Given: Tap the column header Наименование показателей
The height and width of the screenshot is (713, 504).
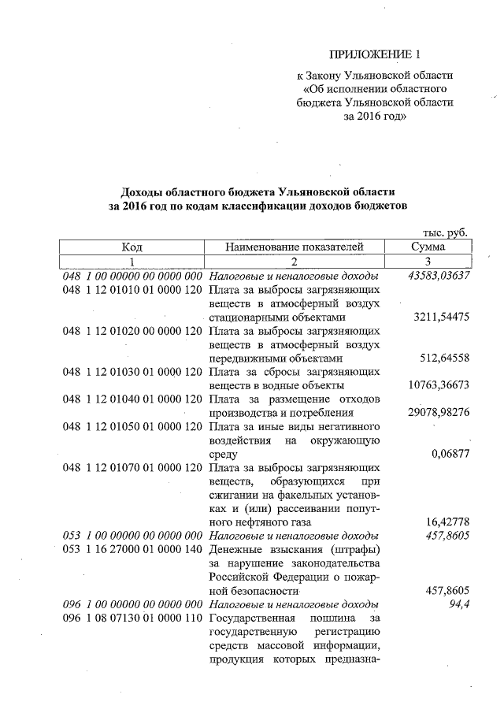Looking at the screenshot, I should (294, 247).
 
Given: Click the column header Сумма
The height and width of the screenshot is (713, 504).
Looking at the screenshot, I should (428, 247).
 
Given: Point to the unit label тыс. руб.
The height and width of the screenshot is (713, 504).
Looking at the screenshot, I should (446, 233).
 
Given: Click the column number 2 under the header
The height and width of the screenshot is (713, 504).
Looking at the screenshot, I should (294, 262).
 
